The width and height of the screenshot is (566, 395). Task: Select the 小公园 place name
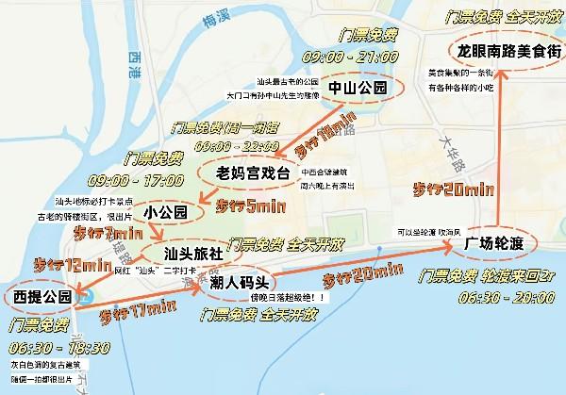click(x=166, y=213)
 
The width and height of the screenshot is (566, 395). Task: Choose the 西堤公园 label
click(x=42, y=297)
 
